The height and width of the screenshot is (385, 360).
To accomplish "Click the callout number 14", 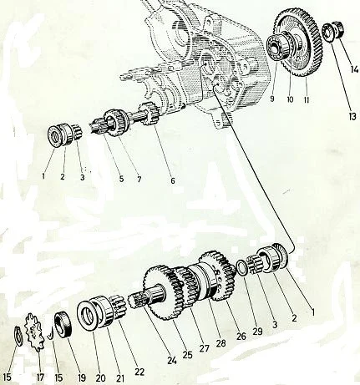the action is click(354, 68).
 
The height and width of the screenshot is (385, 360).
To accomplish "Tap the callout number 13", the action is click(352, 116).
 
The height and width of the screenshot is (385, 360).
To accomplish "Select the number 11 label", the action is click(307, 99).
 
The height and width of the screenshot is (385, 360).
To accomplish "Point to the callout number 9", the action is click(272, 99).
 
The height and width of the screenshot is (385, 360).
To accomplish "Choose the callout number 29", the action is click(257, 331).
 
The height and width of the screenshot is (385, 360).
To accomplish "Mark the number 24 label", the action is click(172, 361).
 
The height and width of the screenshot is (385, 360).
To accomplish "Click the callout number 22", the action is click(139, 372).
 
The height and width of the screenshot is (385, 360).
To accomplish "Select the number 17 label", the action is click(41, 377).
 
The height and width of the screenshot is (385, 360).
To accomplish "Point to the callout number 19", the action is click(81, 377).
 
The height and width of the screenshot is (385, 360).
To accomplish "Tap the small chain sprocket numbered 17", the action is click(35, 332).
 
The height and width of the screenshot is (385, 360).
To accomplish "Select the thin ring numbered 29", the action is click(241, 268).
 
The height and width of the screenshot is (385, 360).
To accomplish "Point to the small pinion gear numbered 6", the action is click(150, 114).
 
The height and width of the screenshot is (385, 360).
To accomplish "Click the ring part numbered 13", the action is click(329, 33).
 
